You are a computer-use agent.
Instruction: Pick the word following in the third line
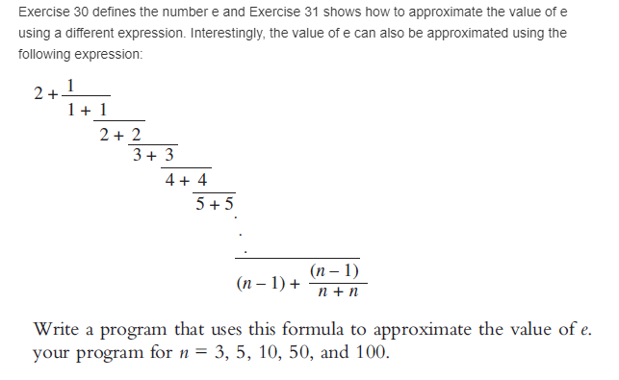coord(43,54)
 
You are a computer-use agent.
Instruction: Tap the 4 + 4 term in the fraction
coord(185,180)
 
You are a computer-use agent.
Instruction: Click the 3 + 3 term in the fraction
coord(153,156)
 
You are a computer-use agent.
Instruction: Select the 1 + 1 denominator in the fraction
coord(89,111)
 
